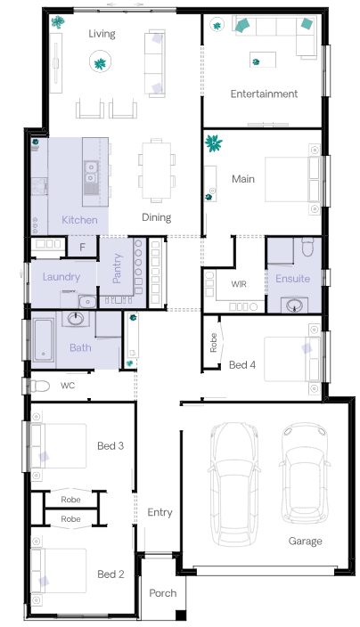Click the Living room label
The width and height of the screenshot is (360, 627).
(102, 34)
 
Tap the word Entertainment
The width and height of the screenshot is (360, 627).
(264, 94)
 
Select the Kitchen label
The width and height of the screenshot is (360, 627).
(79, 219)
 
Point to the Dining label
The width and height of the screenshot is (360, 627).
(157, 217)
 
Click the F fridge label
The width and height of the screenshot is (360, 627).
(82, 248)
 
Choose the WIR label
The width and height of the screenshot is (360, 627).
(239, 284)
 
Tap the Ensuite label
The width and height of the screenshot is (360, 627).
(293, 278)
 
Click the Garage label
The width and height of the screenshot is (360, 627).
(306, 541)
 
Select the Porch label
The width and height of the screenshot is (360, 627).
(162, 592)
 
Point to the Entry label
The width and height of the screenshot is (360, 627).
(160, 512)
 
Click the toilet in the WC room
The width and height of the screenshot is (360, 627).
(37, 386)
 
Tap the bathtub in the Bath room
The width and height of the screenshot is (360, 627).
(43, 340)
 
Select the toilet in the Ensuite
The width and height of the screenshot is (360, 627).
(308, 247)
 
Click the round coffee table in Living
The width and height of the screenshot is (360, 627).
(100, 62)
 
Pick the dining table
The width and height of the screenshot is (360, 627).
(157, 170)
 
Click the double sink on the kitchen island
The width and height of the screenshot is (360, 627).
(91, 172)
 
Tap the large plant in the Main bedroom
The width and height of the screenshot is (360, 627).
(214, 143)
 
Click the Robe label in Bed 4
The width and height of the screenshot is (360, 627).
(213, 343)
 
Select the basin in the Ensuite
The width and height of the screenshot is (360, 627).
(294, 305)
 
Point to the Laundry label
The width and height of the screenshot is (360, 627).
(61, 277)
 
